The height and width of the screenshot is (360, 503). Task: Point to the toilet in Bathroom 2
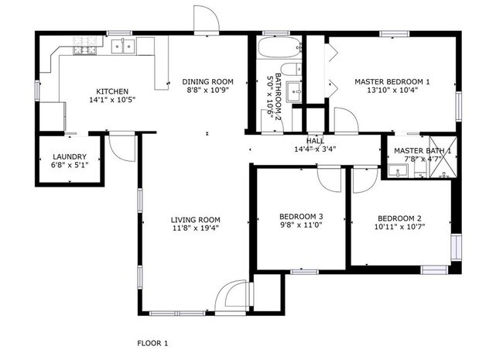291,70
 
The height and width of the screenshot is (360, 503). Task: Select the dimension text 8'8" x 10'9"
207,91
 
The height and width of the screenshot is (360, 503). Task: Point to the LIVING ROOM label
195,220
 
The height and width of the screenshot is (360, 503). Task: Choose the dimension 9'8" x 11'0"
300,225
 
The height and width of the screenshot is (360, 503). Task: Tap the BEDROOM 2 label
400,218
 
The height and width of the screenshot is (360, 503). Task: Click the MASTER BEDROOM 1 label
392,81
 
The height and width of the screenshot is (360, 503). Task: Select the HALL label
314,140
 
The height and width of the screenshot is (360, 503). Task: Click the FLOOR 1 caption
152,342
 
